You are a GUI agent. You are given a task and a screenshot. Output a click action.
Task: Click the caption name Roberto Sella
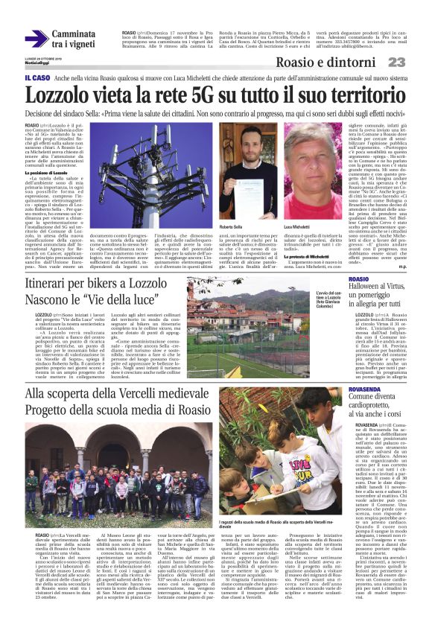point(229,223)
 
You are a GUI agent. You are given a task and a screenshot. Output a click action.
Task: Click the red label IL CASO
point(37,77)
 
